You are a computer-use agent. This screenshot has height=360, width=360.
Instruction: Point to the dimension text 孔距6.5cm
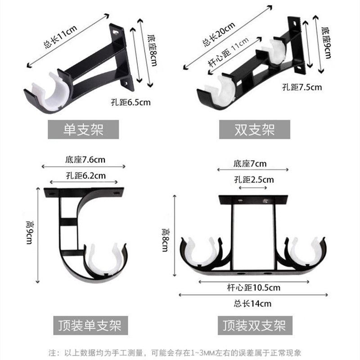coord(130,102)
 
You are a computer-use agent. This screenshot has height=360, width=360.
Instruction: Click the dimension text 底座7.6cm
coord(85,159)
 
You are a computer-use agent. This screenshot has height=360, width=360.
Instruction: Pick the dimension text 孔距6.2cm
coord(85,175)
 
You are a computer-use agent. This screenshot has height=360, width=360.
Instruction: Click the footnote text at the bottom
coord(180,351)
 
